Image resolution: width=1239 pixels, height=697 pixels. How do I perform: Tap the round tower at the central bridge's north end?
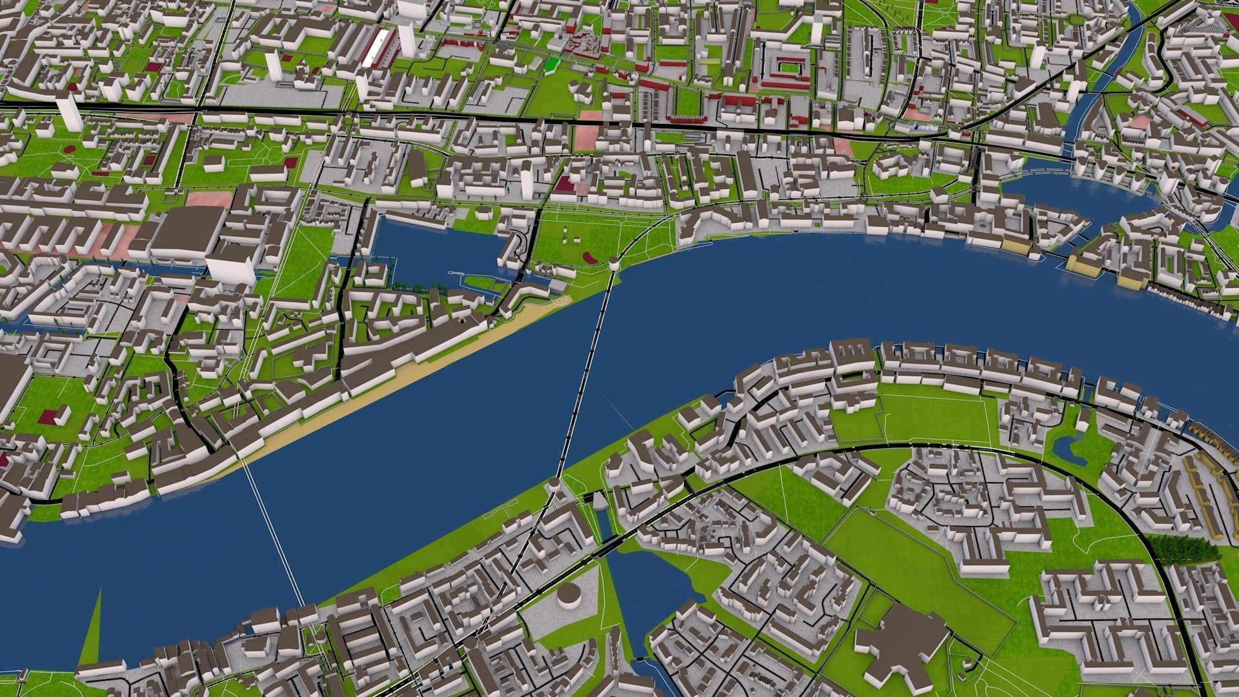614,263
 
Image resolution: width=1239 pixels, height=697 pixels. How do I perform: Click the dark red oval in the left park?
69,149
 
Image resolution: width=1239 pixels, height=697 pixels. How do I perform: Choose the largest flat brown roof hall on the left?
187,229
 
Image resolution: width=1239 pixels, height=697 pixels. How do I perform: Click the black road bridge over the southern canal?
613,545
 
